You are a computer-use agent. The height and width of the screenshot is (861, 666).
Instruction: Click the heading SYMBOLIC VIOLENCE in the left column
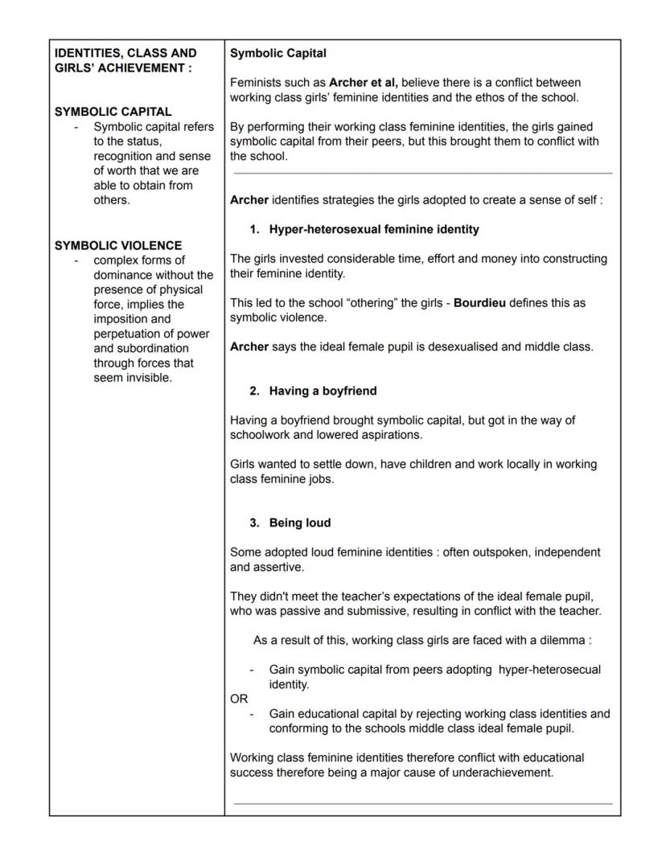click(118, 245)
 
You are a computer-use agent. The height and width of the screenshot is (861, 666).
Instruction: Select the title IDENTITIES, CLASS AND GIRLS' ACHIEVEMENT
click(125, 60)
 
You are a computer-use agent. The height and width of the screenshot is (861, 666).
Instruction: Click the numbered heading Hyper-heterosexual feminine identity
click(374, 229)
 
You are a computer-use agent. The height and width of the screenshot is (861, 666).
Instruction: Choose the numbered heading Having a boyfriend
click(323, 391)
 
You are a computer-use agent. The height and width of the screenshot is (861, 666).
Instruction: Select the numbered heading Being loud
click(300, 523)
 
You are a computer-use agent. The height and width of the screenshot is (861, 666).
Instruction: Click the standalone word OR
click(239, 699)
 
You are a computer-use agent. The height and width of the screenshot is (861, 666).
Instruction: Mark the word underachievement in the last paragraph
click(502, 773)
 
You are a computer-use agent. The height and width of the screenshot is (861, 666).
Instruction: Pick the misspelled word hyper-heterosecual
click(549, 670)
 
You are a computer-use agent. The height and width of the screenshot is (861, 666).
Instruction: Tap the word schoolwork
click(262, 435)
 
